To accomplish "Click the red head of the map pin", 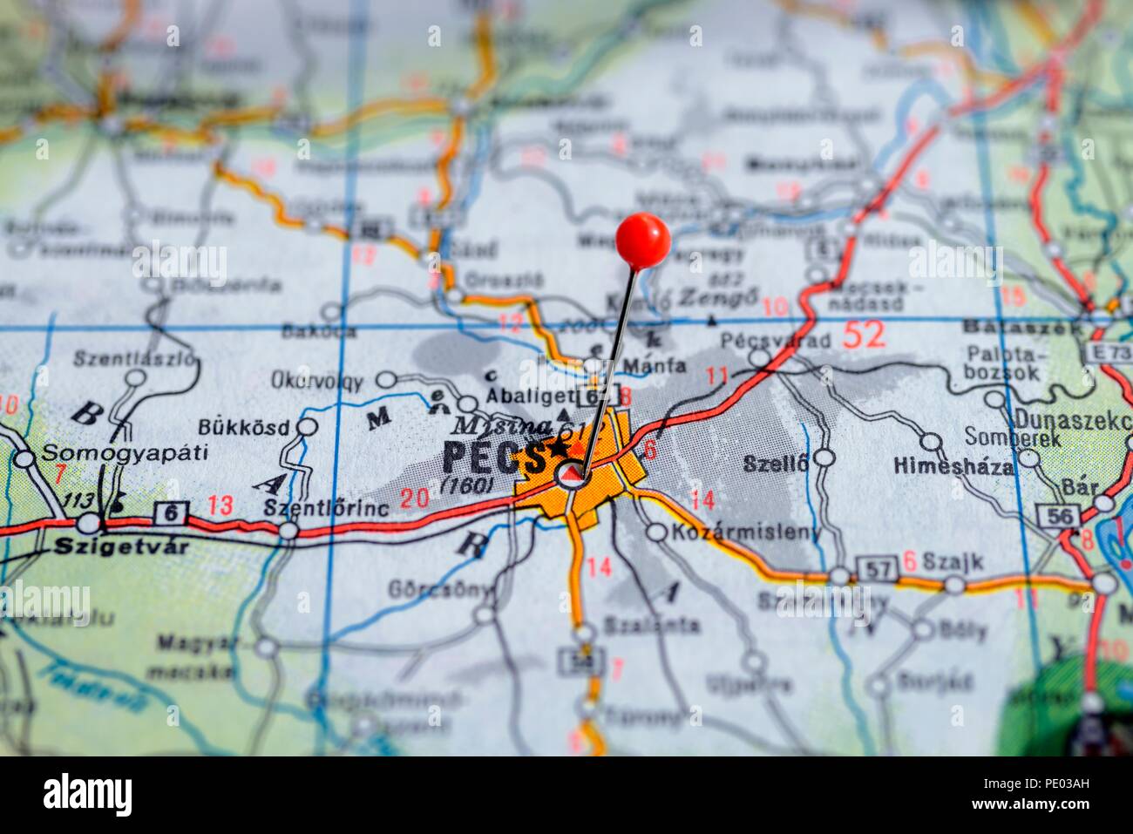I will click(x=642, y=240).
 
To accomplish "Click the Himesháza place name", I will click(x=953, y=467).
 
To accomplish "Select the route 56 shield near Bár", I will click(x=1056, y=516).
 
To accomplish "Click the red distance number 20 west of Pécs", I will click(x=415, y=498).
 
